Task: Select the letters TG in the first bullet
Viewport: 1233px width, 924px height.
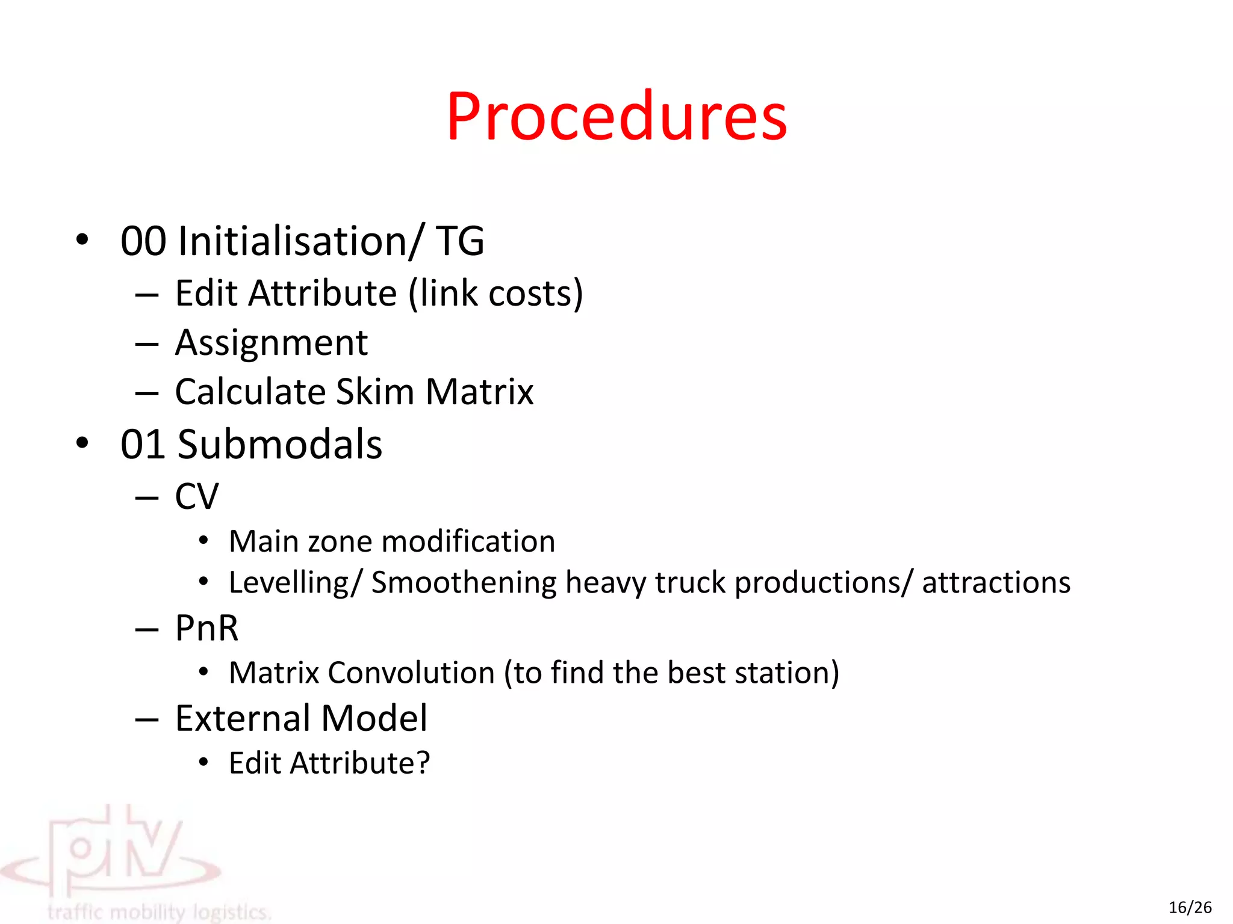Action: (460, 241)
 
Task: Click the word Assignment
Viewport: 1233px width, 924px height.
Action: (271, 343)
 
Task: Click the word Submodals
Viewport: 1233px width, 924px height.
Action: (280, 445)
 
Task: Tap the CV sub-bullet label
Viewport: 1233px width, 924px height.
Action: (197, 497)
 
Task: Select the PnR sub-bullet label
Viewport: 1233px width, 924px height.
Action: (207, 628)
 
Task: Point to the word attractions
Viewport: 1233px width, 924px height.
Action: (996, 583)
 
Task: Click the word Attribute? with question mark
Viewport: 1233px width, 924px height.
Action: (360, 763)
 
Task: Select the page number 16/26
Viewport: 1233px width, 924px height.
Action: (1190, 907)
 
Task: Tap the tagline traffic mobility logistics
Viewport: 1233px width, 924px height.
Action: (160, 912)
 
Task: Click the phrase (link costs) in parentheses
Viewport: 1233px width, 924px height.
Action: (495, 294)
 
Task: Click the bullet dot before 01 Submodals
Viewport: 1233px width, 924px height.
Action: (82, 443)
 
